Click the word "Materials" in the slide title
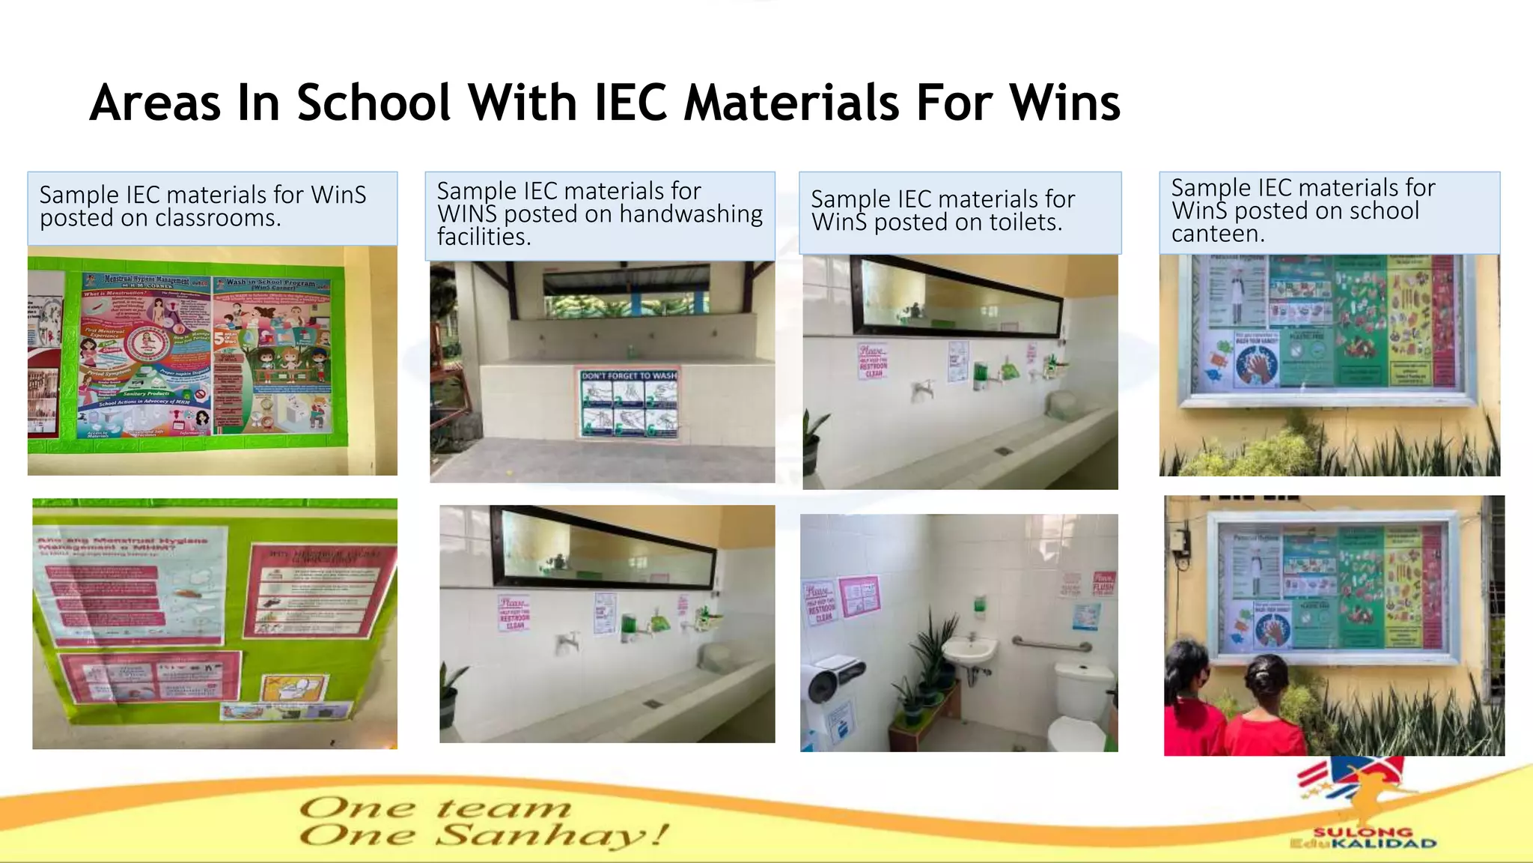[790, 103]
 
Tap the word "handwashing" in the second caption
[691, 214]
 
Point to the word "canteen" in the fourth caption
[1216, 234]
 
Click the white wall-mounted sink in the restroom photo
[969, 650]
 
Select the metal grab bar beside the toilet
[1052, 644]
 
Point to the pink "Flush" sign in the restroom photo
[1103, 584]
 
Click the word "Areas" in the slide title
[155, 103]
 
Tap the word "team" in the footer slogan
[503, 808]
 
